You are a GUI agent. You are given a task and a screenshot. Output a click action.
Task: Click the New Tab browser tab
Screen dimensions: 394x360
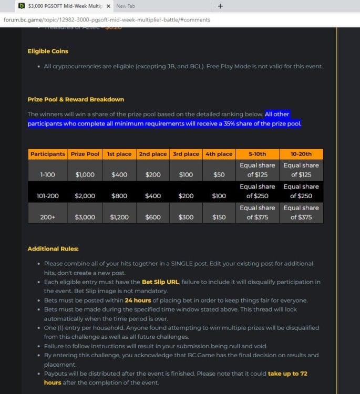click(x=125, y=6)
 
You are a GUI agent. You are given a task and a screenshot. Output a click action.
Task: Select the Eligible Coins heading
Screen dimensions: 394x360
click(x=48, y=51)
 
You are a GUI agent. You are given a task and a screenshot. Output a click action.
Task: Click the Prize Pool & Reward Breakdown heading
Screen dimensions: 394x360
click(x=76, y=99)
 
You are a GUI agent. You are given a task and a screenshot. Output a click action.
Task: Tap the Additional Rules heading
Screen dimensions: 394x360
click(x=53, y=248)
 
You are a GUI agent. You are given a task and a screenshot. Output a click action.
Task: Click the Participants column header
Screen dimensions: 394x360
click(x=48, y=154)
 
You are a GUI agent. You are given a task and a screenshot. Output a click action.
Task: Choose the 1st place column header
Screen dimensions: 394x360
click(x=119, y=154)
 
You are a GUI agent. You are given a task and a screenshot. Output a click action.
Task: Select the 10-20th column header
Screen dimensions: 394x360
click(x=301, y=154)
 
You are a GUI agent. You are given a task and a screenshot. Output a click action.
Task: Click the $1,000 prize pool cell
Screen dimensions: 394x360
click(x=85, y=174)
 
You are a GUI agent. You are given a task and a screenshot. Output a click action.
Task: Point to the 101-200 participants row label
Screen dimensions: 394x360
click(x=48, y=196)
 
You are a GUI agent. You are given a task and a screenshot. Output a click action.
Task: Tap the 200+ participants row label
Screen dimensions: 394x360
click(x=48, y=217)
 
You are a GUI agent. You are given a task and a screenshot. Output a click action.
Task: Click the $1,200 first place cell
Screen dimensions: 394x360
click(x=119, y=217)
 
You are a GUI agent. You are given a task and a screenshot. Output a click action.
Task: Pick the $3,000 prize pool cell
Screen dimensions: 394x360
click(x=85, y=217)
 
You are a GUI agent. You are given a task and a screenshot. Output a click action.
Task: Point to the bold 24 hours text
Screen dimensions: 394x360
click(x=138, y=300)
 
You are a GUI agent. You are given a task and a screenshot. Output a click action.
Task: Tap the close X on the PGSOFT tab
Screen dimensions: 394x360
click(x=108, y=6)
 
